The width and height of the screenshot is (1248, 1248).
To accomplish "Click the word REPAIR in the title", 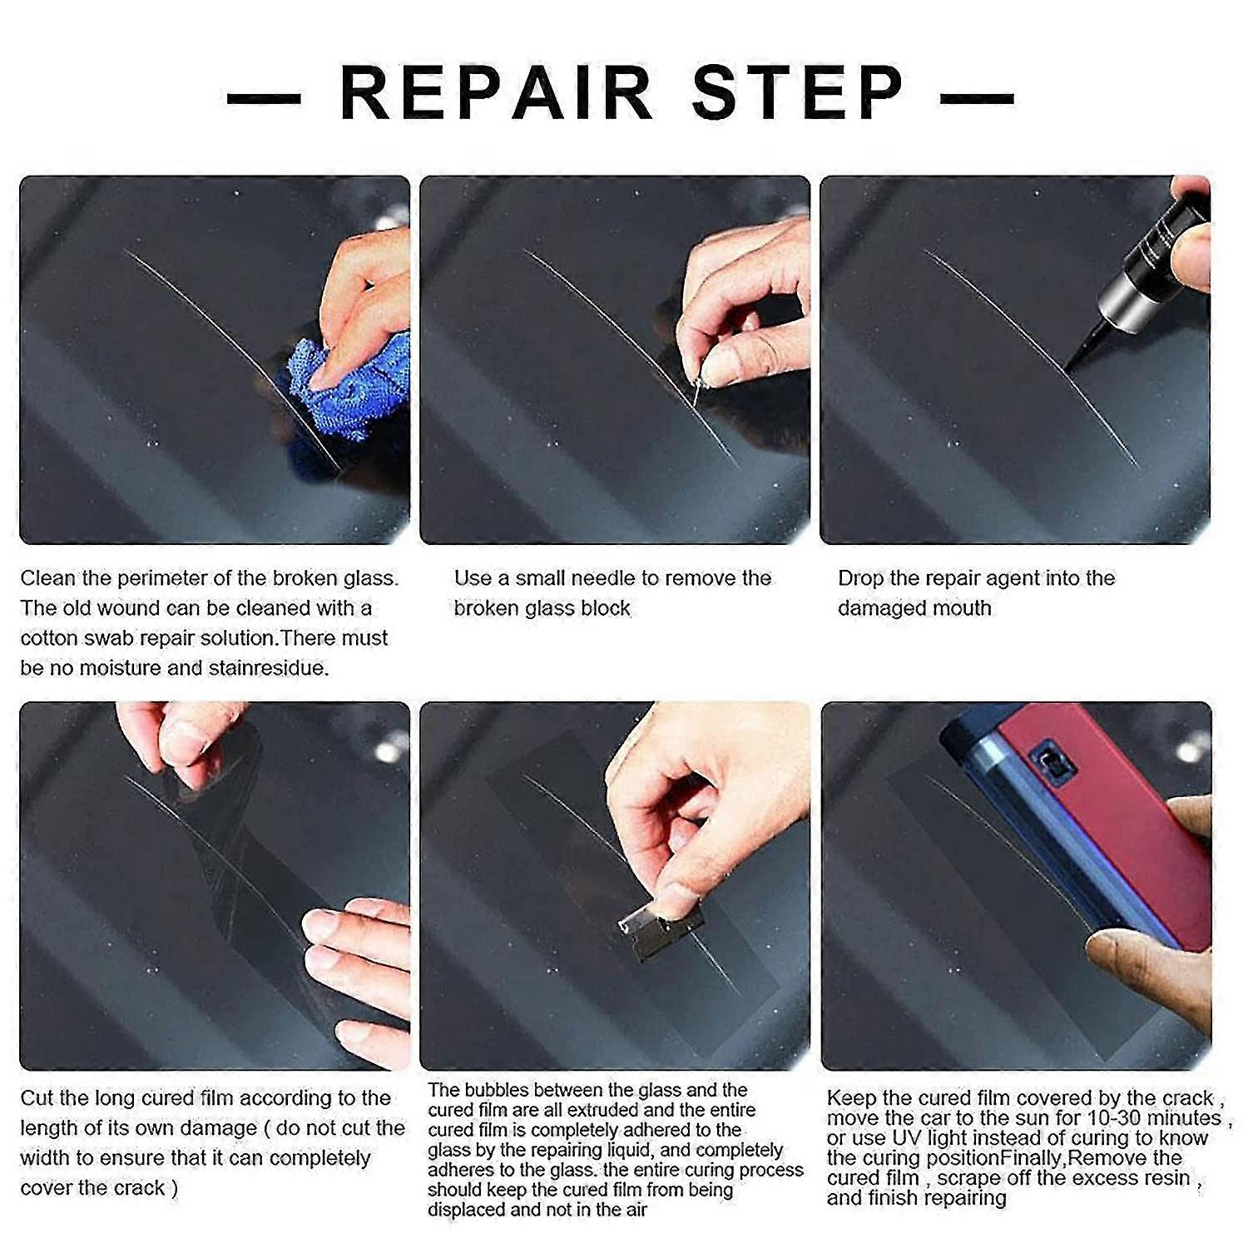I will coord(496,92).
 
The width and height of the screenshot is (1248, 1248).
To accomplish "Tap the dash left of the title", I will coord(264,98).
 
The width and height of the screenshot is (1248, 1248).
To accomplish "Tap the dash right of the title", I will coord(977,98).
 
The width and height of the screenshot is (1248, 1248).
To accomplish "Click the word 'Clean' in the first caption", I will coord(48,578).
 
